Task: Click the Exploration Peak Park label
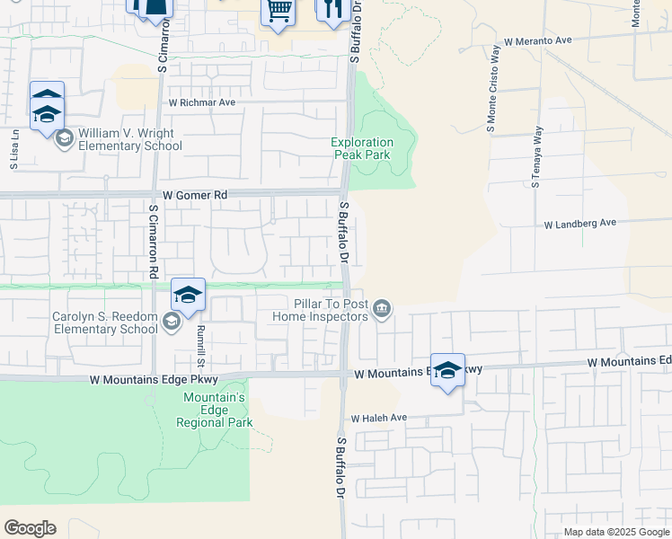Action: (362, 148)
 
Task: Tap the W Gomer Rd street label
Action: (196, 195)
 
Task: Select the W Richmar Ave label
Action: (202, 102)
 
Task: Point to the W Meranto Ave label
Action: (538, 41)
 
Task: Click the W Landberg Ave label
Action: (580, 223)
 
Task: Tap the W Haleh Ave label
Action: (379, 419)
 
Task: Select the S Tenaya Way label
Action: (537, 158)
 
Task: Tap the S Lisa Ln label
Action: (14, 155)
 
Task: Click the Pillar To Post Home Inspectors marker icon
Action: (383, 310)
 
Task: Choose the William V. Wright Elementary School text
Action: (130, 139)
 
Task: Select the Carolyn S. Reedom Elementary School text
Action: (105, 323)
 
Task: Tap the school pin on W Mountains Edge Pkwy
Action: (447, 370)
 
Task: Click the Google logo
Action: (30, 528)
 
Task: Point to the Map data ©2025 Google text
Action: (615, 532)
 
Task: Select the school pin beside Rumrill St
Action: (188, 296)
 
